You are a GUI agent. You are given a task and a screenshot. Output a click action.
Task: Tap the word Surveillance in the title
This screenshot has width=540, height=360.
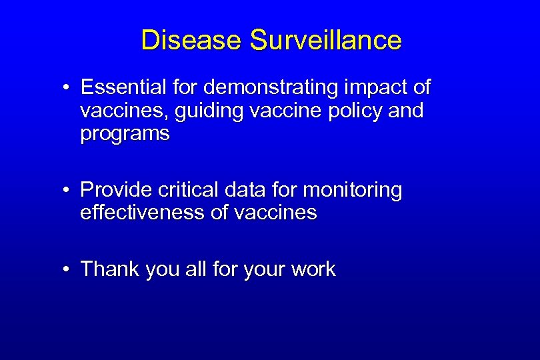326,41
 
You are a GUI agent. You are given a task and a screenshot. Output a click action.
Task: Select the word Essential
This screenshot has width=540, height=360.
125,87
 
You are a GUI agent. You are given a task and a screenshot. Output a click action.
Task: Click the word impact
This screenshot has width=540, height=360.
373,87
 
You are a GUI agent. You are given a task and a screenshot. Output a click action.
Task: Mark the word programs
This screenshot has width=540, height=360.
125,133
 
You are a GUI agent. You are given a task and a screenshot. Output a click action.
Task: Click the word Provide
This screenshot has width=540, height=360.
116,190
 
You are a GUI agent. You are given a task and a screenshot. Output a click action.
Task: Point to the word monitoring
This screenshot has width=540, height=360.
353,190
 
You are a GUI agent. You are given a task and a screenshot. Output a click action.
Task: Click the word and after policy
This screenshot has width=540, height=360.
405,111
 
